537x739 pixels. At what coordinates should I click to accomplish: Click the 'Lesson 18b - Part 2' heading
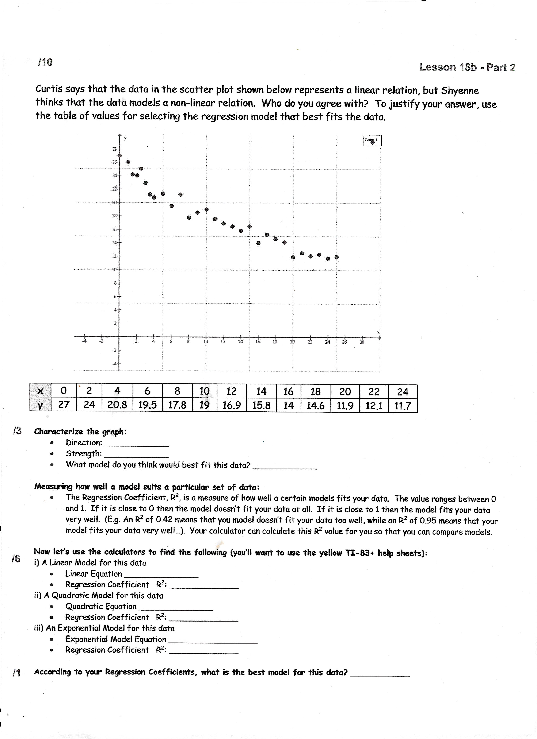click(x=467, y=67)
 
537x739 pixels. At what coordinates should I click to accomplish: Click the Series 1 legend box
click(x=372, y=140)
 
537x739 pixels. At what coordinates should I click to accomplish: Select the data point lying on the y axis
click(x=119, y=155)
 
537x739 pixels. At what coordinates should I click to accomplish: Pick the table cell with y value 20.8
click(x=117, y=405)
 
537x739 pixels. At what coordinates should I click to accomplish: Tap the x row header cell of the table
click(x=41, y=391)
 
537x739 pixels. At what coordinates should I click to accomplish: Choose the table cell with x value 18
click(x=315, y=391)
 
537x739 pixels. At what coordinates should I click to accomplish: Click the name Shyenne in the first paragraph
click(x=460, y=91)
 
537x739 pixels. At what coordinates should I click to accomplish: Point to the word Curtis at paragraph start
click(x=48, y=89)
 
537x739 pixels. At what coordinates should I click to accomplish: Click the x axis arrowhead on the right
click(x=380, y=338)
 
